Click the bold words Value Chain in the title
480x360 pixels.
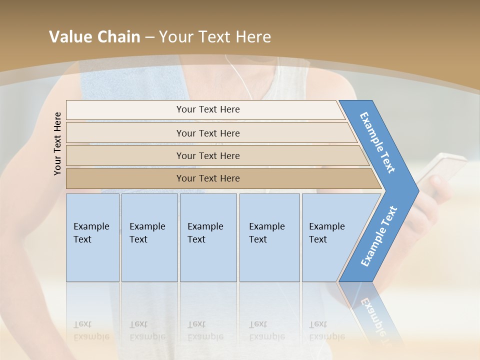point(94,37)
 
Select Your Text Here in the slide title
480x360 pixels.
point(215,37)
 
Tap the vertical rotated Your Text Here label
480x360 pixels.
point(58,143)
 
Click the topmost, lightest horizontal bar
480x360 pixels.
point(207,109)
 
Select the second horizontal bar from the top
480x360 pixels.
point(207,133)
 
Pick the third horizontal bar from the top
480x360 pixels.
point(207,155)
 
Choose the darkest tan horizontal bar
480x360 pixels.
point(207,178)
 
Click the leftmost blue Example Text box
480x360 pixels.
point(92,237)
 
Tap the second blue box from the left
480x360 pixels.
point(149,237)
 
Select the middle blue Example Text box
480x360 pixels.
point(208,237)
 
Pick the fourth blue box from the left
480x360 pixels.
point(269,237)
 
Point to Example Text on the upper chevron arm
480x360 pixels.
point(377,142)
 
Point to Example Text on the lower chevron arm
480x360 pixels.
point(378,236)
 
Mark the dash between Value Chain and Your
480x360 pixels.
point(149,37)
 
